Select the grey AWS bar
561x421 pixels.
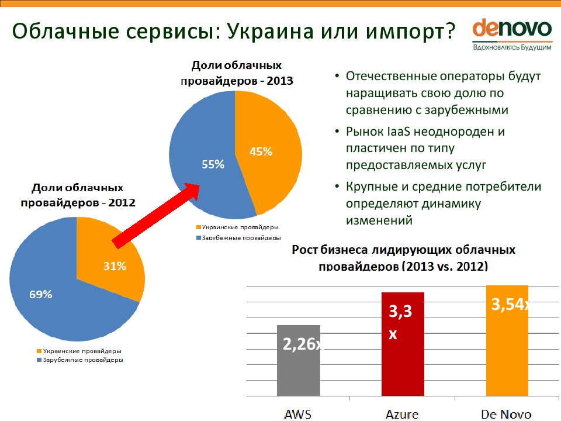click(x=298, y=374)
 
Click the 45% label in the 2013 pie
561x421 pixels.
click(x=261, y=151)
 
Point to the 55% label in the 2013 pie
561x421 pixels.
click(x=213, y=165)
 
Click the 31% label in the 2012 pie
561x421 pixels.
click(x=115, y=266)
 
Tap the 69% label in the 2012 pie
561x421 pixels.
click(x=41, y=295)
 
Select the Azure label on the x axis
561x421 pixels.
click(x=402, y=415)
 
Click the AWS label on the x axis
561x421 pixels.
click(x=298, y=415)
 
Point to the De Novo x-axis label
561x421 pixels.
click(x=506, y=415)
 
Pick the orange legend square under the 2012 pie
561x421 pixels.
click(x=39, y=351)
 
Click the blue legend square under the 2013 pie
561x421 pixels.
click(x=199, y=238)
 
